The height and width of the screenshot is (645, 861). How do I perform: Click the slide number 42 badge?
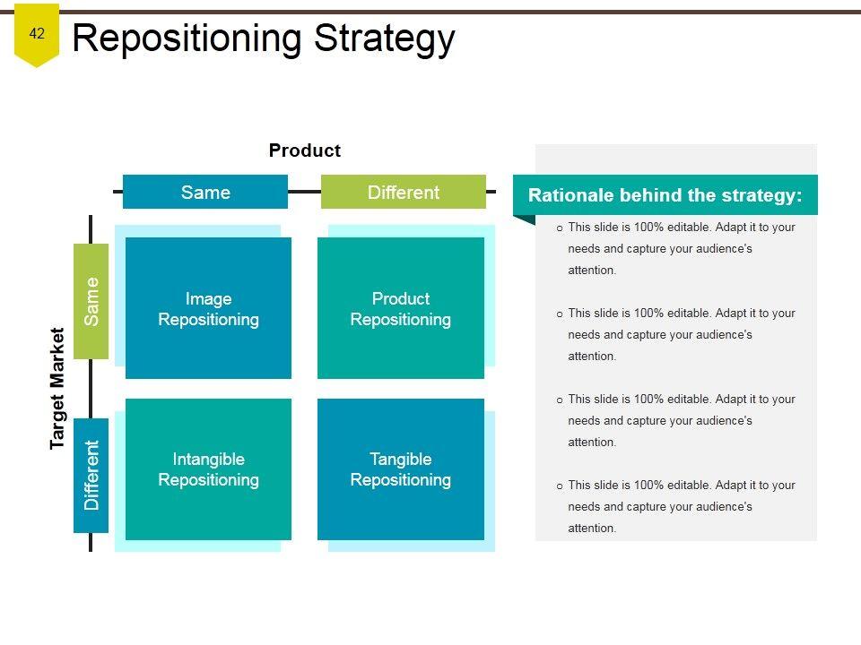point(37,35)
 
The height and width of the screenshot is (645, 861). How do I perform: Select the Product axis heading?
point(304,150)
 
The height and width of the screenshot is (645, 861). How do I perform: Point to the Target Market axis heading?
point(57,388)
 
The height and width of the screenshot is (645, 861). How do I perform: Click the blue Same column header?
point(205,192)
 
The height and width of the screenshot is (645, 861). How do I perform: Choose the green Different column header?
point(403,192)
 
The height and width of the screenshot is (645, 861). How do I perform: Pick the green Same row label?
point(91,301)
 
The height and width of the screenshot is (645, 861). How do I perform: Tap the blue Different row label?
point(91,475)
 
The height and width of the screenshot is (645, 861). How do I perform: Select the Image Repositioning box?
point(208,308)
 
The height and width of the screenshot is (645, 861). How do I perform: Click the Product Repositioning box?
point(400,308)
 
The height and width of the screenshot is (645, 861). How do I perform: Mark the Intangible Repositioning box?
point(208,469)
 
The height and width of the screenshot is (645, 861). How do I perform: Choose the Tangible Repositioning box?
point(400,469)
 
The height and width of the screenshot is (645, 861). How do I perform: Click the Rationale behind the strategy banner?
point(665,195)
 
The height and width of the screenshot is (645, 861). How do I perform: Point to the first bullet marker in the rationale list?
point(560,228)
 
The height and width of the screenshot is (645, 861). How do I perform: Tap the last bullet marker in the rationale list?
point(560,486)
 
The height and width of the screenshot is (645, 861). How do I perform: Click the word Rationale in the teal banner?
point(567,195)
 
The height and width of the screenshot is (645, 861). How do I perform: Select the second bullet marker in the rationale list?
point(560,314)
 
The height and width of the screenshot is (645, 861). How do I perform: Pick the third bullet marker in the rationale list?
point(560,400)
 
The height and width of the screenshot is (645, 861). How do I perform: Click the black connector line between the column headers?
point(304,191)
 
